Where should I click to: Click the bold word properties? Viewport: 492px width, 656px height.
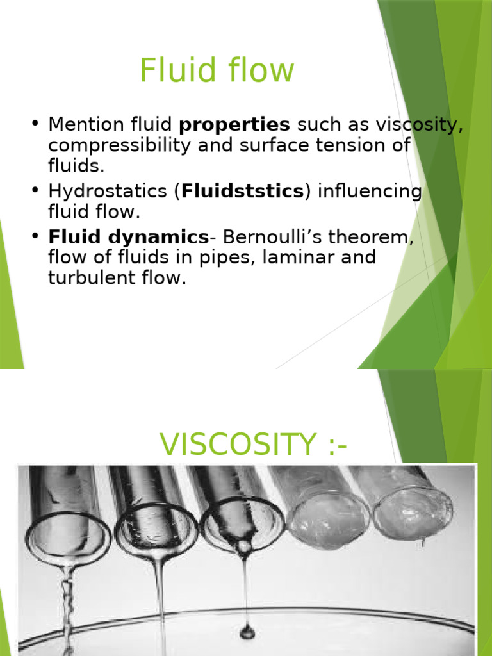tap(234, 125)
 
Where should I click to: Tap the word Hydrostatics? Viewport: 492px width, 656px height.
tap(108, 191)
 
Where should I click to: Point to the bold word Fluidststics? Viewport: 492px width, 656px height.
tap(243, 191)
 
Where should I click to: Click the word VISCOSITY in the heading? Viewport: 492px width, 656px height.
tap(238, 444)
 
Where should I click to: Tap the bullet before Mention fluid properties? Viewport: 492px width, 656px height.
tap(35, 124)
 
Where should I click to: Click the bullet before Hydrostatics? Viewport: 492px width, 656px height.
tap(35, 190)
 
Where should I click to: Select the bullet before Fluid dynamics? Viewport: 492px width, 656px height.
tap(35, 235)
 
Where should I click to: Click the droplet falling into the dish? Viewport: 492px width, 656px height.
tap(247, 631)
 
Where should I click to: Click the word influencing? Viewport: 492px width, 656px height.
tap(370, 192)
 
